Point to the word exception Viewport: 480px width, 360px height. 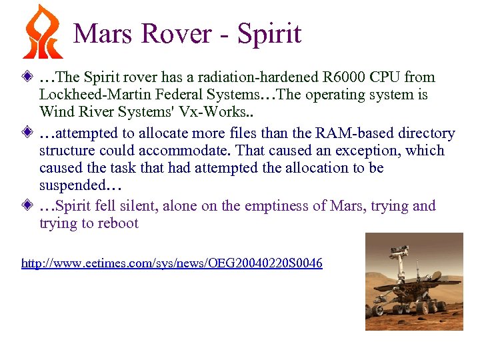click(x=378, y=151)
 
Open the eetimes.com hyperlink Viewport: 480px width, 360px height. click(x=172, y=264)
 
